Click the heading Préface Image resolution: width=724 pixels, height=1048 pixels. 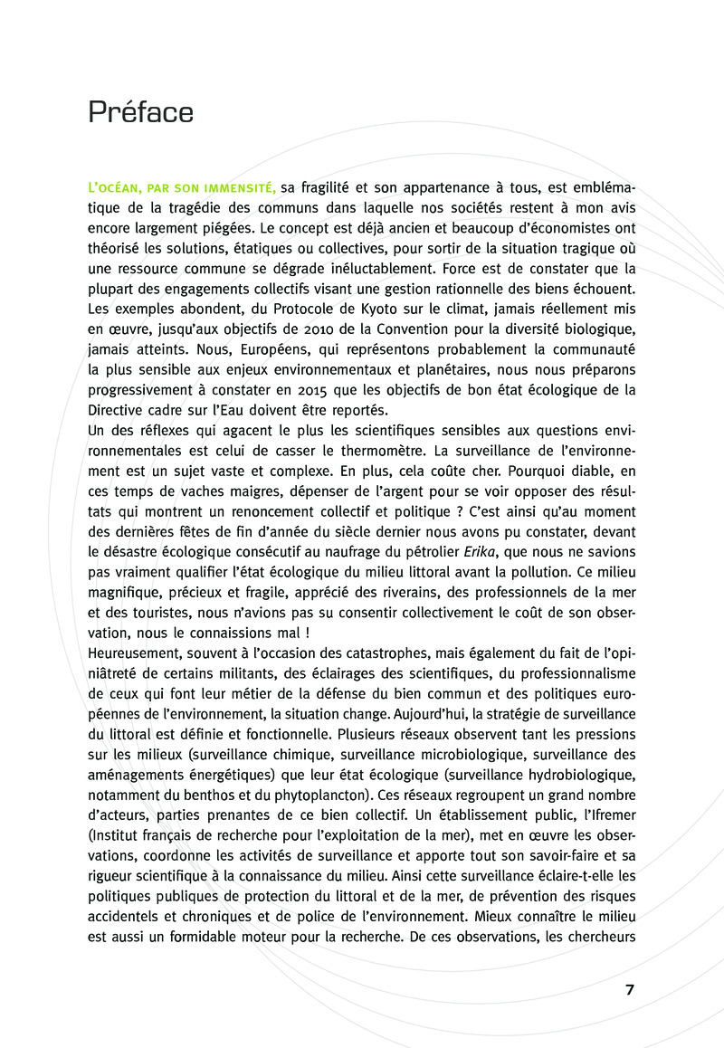pyautogui.click(x=140, y=113)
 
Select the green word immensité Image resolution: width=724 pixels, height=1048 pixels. pyautogui.click(x=242, y=187)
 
